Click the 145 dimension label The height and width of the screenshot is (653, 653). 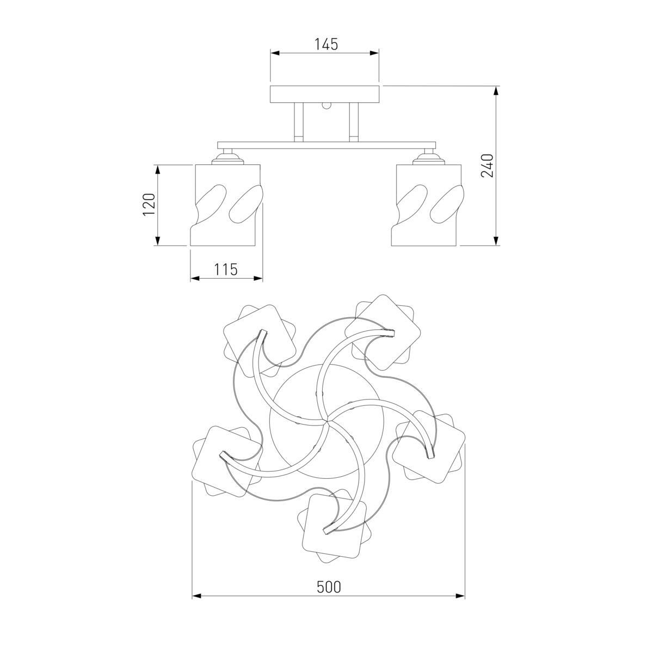[326, 45]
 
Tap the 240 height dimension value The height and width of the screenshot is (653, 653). [488, 166]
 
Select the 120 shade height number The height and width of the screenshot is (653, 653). [149, 205]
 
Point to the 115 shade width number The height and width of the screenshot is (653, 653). [226, 270]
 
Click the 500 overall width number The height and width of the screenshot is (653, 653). [329, 587]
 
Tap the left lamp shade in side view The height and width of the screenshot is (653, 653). [226, 205]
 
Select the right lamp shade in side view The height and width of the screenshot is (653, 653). [426, 205]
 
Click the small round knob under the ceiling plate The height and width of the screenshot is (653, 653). [326, 106]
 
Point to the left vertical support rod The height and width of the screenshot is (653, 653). [299, 122]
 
